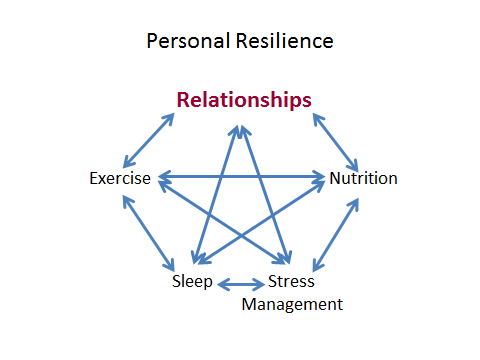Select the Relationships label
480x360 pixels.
tap(244, 100)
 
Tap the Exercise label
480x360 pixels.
tap(119, 179)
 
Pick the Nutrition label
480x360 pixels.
tap(364, 179)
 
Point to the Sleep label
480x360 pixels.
tap(192, 281)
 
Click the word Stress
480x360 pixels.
tap(291, 281)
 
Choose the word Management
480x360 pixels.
tap(293, 304)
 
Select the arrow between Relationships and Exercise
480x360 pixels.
tap(149, 140)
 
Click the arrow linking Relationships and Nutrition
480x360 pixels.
tap(336, 141)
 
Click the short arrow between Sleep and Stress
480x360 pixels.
tap(241, 284)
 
